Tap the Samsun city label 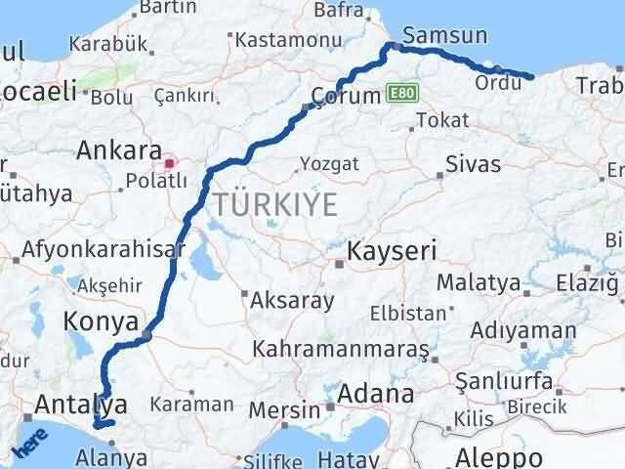coord(444,35)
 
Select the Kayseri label coord(392,250)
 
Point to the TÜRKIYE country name coord(276,205)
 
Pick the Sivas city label coord(472,163)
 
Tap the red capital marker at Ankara coord(170,163)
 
